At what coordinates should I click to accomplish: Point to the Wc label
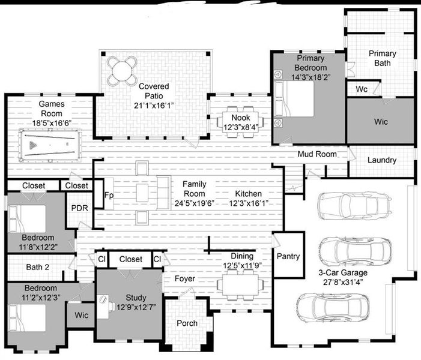[362, 89]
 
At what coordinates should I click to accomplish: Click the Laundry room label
[382, 160]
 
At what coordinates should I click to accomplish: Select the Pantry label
[287, 256]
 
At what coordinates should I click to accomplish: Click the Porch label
[187, 323]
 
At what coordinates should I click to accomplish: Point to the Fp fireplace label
[108, 196]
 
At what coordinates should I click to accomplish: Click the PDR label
[80, 208]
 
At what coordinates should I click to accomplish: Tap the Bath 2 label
[37, 267]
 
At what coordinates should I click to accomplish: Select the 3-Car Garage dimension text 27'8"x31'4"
[342, 281]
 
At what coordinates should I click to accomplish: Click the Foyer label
[184, 279]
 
